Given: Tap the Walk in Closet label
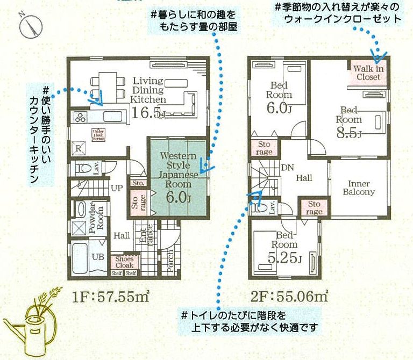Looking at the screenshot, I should (x=368, y=73).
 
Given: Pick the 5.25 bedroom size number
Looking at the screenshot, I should (x=284, y=257).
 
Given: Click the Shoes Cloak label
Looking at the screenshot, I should (x=124, y=262).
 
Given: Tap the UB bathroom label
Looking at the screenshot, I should (x=98, y=257).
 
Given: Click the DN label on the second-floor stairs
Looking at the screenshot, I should (x=287, y=167).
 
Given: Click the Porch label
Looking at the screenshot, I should (x=170, y=263).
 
